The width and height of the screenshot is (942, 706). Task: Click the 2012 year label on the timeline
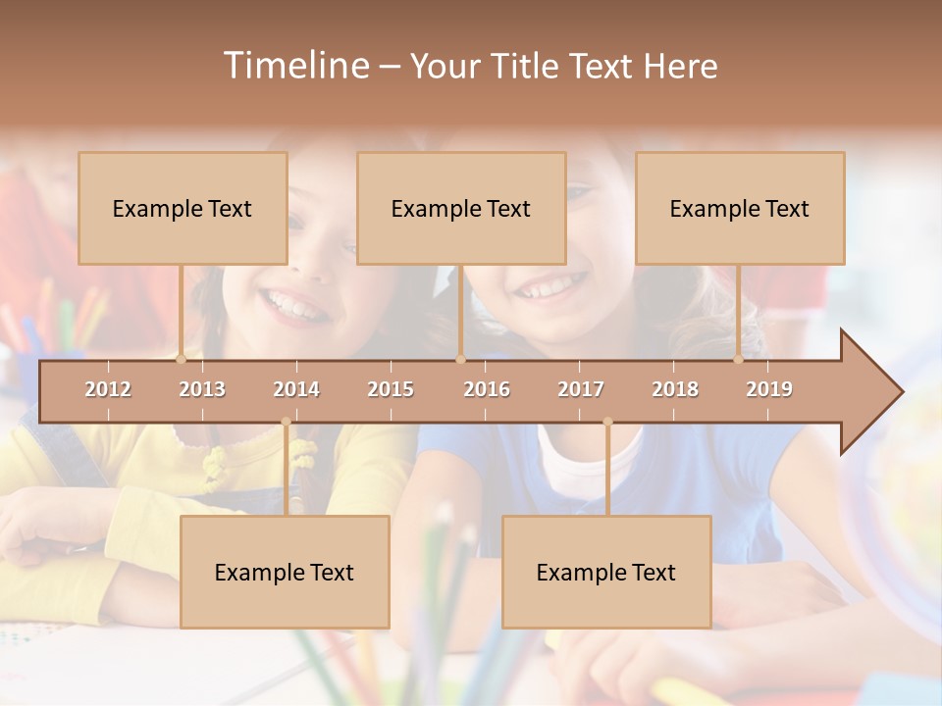coord(108,389)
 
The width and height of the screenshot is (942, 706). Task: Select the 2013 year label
coord(202,389)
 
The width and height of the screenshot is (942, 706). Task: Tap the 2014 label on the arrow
coord(296,389)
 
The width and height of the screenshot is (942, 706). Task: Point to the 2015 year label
coord(391,389)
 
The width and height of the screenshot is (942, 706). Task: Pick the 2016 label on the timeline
coord(487,389)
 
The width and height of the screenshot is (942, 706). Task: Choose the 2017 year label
coord(581,389)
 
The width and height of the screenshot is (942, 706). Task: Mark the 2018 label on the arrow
coord(675,389)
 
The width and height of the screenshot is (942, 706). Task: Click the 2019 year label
coord(769,389)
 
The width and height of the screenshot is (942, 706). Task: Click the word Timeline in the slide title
coord(294,66)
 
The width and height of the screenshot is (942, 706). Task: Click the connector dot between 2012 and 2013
coord(182,359)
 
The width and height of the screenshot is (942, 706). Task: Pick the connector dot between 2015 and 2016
coord(460,359)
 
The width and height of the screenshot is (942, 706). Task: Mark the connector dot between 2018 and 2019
coord(739,359)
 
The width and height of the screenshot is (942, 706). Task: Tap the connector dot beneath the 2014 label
coord(286,422)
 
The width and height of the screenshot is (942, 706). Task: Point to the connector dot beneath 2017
coord(607,422)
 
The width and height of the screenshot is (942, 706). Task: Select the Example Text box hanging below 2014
coord(285,572)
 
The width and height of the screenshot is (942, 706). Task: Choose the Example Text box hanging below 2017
coord(606,572)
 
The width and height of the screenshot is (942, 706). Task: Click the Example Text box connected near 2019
coord(740,208)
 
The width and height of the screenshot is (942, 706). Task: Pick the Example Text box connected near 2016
coord(461,208)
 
